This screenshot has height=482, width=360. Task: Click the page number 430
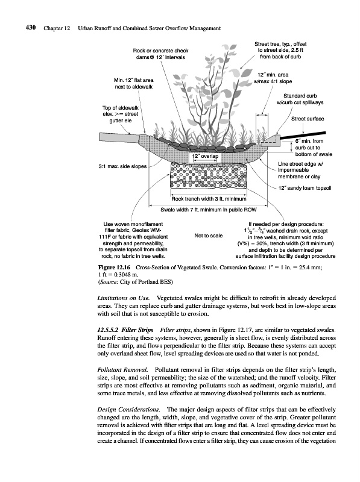pyautogui.click(x=31, y=28)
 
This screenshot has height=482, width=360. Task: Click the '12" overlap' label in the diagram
pyautogui.click(x=205, y=156)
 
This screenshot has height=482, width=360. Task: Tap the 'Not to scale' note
pyautogui.click(x=208, y=236)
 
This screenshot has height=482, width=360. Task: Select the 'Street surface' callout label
pyautogui.click(x=308, y=119)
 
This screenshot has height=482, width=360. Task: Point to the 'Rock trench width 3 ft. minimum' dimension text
pyautogui.click(x=209, y=199)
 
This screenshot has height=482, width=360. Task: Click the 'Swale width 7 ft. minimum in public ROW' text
pyautogui.click(x=208, y=210)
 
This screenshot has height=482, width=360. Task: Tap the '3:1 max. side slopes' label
pyautogui.click(x=122, y=166)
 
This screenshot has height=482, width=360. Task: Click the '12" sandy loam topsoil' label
pyautogui.click(x=305, y=188)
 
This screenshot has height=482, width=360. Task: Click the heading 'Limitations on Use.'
pyautogui.click(x=124, y=298)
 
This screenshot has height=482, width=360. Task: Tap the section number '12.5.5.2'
pyautogui.click(x=108, y=330)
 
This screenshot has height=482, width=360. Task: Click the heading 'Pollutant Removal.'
pyautogui.click(x=123, y=369)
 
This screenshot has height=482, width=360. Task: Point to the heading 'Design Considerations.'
pyautogui.click(x=128, y=410)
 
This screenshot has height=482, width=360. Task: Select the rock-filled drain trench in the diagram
pyautogui.click(x=208, y=175)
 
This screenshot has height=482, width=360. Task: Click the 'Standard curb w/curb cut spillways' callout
pyautogui.click(x=300, y=99)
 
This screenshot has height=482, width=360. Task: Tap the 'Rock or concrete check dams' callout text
pyautogui.click(x=160, y=54)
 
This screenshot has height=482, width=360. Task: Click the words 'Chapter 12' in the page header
pyautogui.click(x=57, y=28)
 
